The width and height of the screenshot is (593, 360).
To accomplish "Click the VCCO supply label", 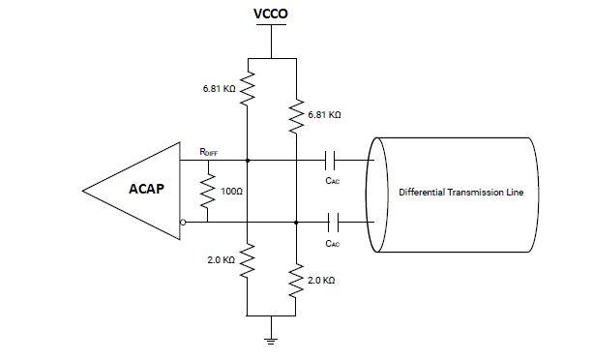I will [x=272, y=15].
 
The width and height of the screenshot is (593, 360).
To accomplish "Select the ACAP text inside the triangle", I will [x=149, y=190].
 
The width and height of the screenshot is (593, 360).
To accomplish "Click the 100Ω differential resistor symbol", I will [x=205, y=192].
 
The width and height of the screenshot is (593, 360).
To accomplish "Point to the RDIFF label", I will [x=208, y=151].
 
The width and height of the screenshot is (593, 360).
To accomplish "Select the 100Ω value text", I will [x=230, y=192].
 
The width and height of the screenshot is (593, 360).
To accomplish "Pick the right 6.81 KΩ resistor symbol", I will [x=294, y=117].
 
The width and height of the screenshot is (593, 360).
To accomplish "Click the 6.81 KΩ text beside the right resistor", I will [x=324, y=114].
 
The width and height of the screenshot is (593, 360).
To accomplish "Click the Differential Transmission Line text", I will [x=461, y=193].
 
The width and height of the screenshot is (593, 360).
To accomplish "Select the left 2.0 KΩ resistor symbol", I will [x=248, y=259].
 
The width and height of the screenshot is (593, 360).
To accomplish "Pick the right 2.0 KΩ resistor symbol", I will [x=294, y=281].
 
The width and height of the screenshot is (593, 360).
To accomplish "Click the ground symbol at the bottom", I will [x=272, y=338].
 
